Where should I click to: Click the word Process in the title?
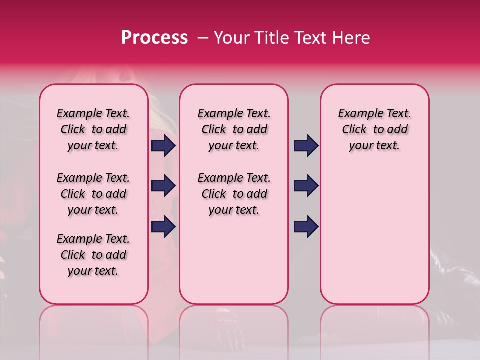tap(154, 38)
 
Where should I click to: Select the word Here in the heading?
tap(350, 38)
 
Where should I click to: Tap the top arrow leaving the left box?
tap(163, 146)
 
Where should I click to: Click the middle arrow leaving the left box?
tap(163, 186)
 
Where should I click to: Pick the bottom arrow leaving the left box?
tap(163, 226)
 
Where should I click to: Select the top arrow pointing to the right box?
tap(306, 146)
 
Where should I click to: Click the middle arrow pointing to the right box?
tap(306, 186)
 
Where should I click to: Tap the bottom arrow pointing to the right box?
tap(306, 226)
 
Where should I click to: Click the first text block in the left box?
tap(93, 129)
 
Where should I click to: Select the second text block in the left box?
tap(93, 194)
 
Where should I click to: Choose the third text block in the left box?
tap(93, 255)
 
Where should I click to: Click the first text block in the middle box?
tap(234, 129)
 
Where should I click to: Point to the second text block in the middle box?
tap(234, 194)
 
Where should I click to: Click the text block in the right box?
tap(374, 129)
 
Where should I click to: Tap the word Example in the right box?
tap(358, 114)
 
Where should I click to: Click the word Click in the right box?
tap(354, 130)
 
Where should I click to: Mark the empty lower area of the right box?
tap(374, 235)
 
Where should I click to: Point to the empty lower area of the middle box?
tap(234, 260)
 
